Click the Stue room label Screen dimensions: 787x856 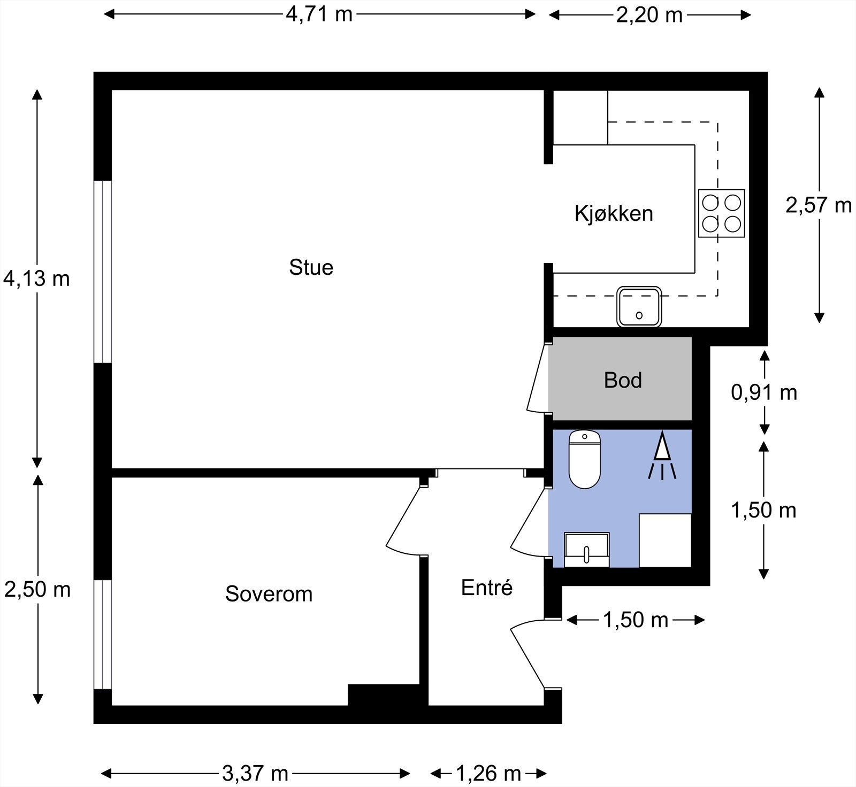point(311,267)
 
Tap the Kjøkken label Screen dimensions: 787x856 point(614,213)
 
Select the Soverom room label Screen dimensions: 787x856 point(269,594)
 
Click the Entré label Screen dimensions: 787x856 point(487,588)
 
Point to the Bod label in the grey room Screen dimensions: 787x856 point(623,380)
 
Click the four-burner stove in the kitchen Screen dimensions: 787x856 point(721,213)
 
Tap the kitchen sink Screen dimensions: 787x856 point(639,307)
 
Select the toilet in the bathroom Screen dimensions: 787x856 point(584,459)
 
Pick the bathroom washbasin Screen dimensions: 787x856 point(586,550)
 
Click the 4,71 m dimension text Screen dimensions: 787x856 point(319,14)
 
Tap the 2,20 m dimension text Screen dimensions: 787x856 point(649,15)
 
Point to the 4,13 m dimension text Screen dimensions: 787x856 point(36,279)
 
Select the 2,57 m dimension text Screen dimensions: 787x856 point(818,205)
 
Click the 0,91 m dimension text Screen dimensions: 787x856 point(764,393)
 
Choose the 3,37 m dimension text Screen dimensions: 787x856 point(255,773)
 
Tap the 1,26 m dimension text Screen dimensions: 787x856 point(488,773)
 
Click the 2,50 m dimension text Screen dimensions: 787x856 point(37,590)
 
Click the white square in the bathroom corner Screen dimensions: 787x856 point(665,541)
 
